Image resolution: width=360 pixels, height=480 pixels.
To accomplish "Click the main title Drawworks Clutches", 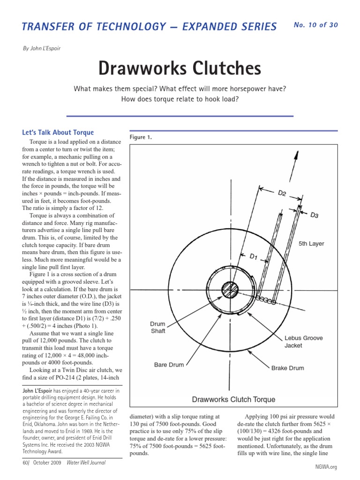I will pos(180,68).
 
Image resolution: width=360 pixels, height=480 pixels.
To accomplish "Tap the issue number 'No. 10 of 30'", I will pos(315,25).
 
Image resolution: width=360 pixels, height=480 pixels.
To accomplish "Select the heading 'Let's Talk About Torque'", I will pos(58,132).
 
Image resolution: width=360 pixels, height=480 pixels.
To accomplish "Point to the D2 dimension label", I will pos(282,193).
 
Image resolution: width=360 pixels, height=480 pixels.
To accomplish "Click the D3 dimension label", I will pos(315,215).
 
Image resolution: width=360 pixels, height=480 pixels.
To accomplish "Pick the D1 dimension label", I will pos(253,256).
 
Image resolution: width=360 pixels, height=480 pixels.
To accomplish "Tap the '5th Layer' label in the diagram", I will pos(311,244).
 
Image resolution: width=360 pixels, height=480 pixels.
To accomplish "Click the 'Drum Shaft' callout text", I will pos(157,327).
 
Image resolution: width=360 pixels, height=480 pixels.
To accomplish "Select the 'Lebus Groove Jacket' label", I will pos(303,341).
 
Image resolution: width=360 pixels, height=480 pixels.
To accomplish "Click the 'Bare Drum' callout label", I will pos(170,364).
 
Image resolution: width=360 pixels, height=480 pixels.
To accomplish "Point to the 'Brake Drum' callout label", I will pos(287,368).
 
